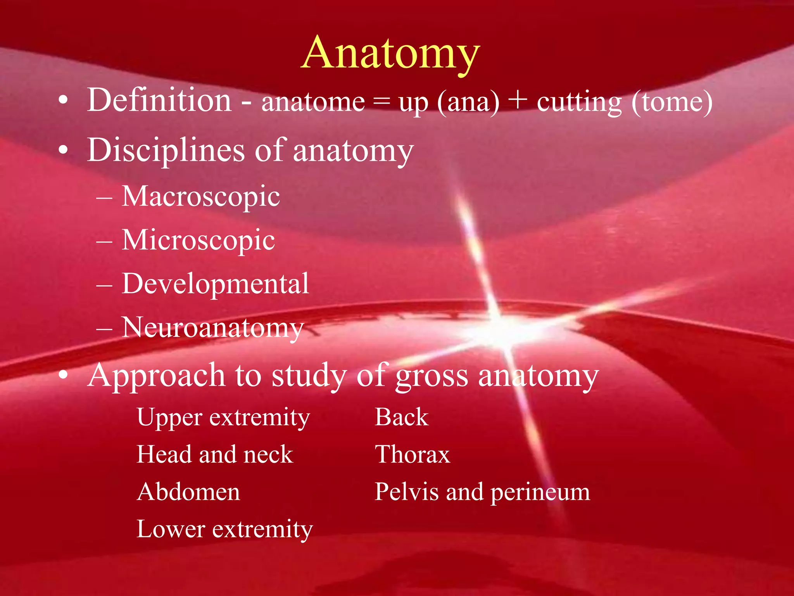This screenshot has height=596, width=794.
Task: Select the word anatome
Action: coord(313,102)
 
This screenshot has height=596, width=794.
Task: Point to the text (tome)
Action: coord(671,102)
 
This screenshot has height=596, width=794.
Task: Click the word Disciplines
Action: coord(166,150)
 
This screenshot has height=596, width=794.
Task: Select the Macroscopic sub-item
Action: coord(201,197)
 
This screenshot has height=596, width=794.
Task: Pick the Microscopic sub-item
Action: coord(198,240)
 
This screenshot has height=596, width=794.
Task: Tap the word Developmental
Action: coord(216,284)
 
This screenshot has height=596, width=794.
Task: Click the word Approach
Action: coord(156,376)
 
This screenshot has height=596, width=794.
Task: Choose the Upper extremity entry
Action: coord(223,418)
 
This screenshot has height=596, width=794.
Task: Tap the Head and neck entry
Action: coord(215,455)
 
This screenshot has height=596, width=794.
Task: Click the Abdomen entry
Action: coord(188,492)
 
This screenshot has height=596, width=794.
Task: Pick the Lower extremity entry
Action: coord(224,529)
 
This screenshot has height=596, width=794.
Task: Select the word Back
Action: coord(402,418)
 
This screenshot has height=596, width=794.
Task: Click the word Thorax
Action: coord(413,455)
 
